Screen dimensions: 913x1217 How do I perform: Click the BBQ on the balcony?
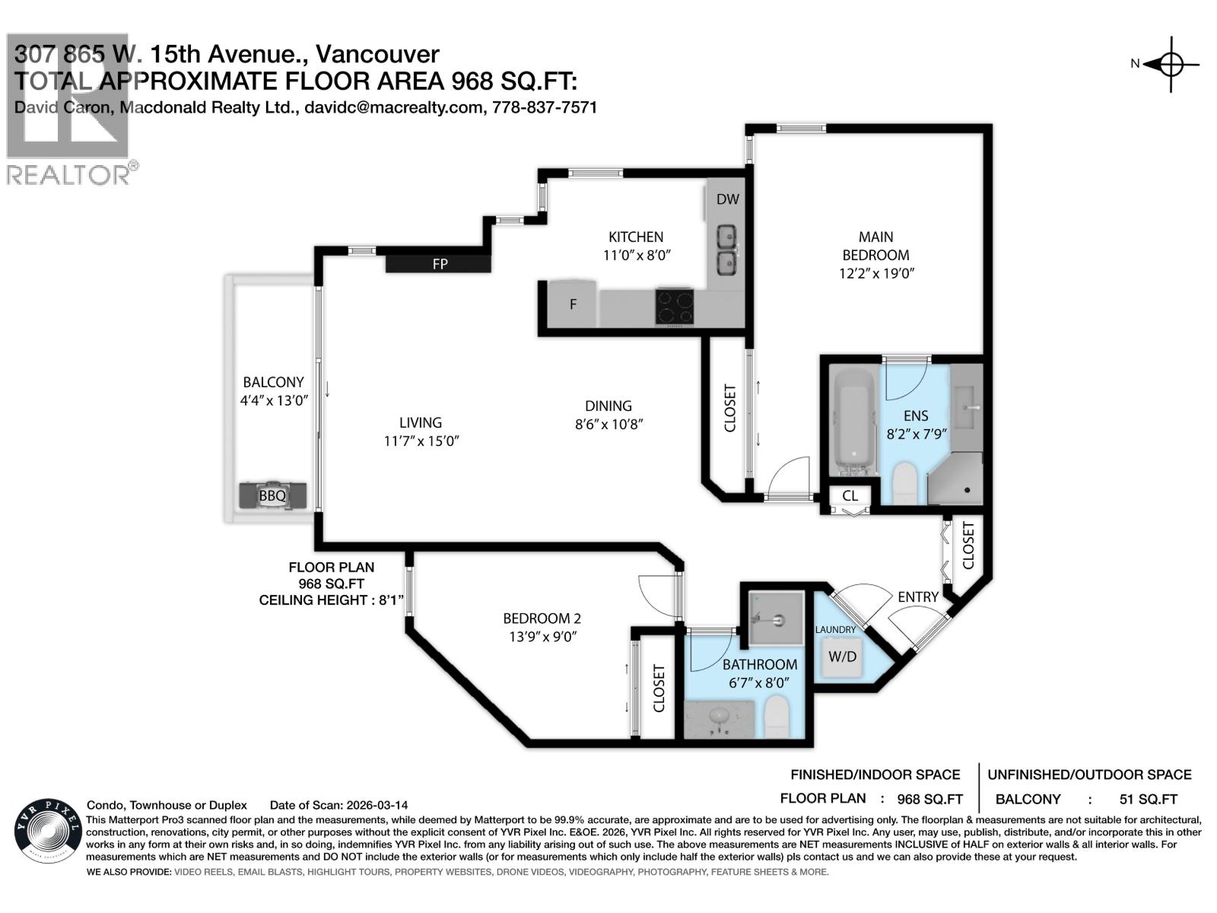(x=272, y=495)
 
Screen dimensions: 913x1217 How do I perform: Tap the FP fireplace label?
(x=440, y=264)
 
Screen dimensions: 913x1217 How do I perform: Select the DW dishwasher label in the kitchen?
(x=727, y=199)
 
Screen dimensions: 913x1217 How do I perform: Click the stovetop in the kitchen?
(x=675, y=307)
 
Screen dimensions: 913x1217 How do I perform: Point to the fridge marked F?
(x=572, y=305)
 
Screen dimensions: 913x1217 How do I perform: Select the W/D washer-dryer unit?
(x=842, y=657)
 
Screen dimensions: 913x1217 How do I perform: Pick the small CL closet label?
(x=850, y=495)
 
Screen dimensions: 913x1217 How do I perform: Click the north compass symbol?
(x=1171, y=65)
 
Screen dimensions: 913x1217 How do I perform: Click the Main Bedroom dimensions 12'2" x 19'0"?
(x=875, y=273)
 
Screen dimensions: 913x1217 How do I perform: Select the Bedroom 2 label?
(x=542, y=619)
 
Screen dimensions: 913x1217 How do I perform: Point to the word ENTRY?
(x=917, y=596)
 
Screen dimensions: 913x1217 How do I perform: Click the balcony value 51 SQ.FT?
(x=1148, y=799)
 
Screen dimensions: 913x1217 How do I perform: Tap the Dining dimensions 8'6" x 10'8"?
(x=608, y=425)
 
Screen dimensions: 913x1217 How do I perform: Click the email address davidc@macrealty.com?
(x=392, y=107)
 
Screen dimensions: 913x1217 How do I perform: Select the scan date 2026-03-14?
(x=377, y=805)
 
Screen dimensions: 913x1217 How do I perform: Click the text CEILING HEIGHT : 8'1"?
(x=332, y=600)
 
